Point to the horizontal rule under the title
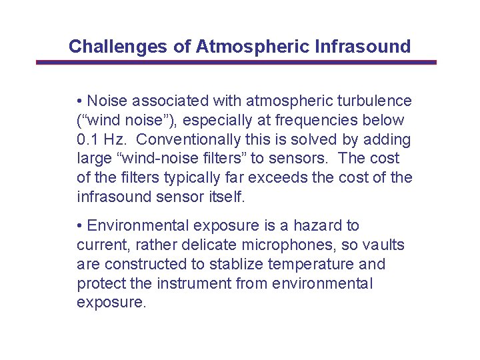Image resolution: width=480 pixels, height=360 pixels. [x=236, y=63]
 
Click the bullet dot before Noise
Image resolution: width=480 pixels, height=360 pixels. [x=79, y=101]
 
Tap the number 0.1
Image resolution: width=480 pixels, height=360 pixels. [x=87, y=140]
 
